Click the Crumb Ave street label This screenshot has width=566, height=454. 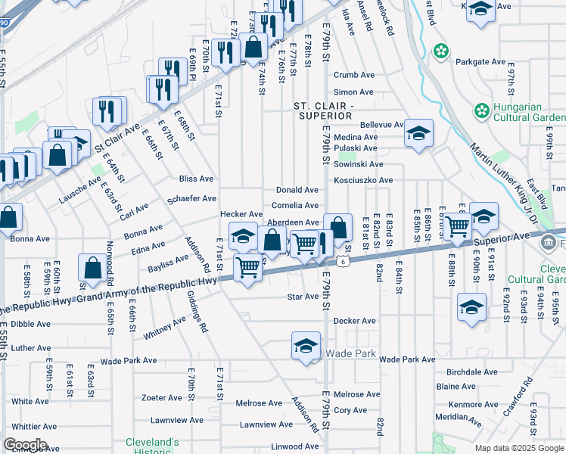click(x=354, y=75)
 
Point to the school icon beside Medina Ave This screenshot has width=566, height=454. click(x=418, y=134)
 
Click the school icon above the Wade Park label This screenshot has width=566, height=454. click(x=306, y=346)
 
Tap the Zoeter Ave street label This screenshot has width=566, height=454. click(x=162, y=397)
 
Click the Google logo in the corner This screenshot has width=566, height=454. click(x=25, y=444)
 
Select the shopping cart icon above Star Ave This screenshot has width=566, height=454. click(x=248, y=267)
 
